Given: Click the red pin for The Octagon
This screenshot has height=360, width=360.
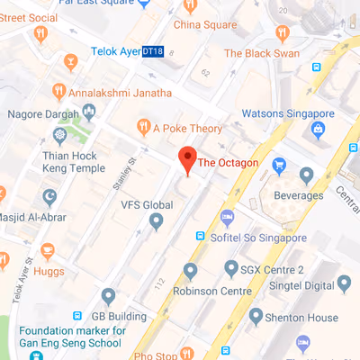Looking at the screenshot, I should [186, 159].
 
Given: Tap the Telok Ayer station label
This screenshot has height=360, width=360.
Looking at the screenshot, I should [114, 53].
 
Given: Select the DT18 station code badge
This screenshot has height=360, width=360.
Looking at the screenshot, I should [154, 53].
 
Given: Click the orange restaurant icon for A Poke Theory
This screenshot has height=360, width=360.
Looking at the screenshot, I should [141, 127].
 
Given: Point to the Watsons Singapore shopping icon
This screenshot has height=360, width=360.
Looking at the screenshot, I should [318, 130].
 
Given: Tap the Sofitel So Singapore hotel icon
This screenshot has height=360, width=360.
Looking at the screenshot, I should [228, 216].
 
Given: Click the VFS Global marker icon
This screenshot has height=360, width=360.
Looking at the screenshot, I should [157, 220].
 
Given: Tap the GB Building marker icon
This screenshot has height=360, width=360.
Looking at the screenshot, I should [108, 294].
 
